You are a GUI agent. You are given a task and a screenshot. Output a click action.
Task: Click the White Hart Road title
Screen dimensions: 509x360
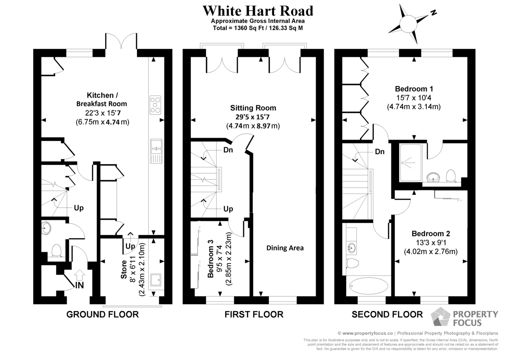[258, 11]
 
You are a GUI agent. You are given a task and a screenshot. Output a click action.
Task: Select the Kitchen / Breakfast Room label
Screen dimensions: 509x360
[102, 99]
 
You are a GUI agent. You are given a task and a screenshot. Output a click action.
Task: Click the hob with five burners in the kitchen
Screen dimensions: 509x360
[155, 105]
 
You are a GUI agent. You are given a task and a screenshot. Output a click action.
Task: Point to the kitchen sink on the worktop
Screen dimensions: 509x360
[157, 151]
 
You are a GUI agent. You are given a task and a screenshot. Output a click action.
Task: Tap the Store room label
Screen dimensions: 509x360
[124, 269]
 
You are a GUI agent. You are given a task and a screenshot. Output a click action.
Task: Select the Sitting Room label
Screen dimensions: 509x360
[253, 108]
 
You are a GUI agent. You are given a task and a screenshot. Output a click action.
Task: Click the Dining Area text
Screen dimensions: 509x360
[285, 248]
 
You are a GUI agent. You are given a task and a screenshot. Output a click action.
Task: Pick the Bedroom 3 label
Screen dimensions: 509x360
[211, 259]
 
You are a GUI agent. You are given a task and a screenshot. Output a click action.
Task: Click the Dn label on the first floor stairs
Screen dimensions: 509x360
[228, 150]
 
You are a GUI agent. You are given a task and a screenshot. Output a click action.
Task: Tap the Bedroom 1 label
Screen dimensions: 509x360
[414, 89]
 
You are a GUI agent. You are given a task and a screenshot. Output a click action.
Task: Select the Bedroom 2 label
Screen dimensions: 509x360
[431, 233]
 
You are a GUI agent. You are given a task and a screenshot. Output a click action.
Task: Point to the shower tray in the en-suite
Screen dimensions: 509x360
[411, 163]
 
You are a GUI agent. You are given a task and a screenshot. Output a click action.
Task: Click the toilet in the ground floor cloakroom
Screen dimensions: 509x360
[56, 250]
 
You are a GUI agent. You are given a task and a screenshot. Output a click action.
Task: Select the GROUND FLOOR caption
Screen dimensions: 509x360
[103, 315]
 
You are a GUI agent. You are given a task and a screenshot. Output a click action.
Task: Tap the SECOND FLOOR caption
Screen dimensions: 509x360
[387, 315]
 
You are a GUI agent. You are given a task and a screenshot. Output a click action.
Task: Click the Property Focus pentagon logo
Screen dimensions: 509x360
[440, 316]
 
